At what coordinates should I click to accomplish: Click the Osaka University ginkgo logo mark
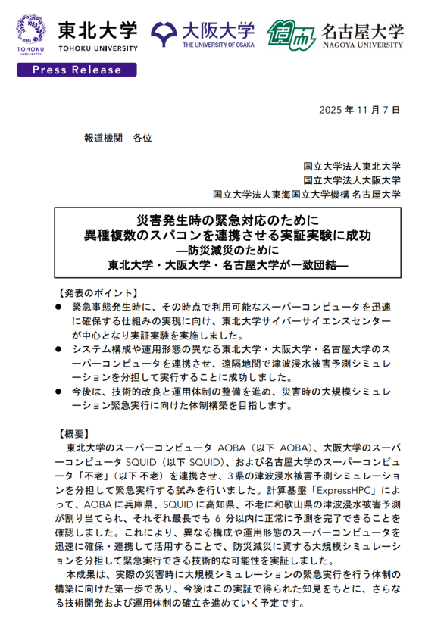[165, 33]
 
